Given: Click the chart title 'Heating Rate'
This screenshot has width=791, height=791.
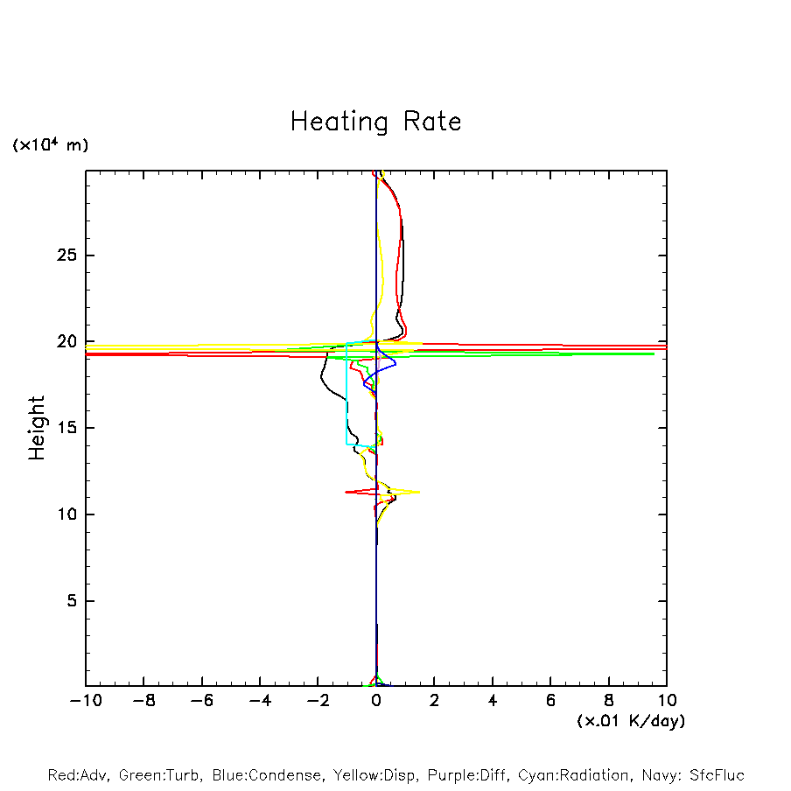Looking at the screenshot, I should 375,121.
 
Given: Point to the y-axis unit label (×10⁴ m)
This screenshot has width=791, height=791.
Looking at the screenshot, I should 50,145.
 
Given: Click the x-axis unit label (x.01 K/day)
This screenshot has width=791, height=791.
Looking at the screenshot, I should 631,721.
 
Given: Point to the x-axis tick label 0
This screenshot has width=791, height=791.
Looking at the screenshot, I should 376,701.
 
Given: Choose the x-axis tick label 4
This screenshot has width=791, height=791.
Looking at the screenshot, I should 493,701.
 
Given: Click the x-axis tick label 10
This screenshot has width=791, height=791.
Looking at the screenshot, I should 667,701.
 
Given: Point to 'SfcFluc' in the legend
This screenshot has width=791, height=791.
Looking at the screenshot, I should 715,775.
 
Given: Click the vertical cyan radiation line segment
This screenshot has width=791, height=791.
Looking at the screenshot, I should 346,394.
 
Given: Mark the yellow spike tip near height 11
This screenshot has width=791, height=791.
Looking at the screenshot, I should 419,492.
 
